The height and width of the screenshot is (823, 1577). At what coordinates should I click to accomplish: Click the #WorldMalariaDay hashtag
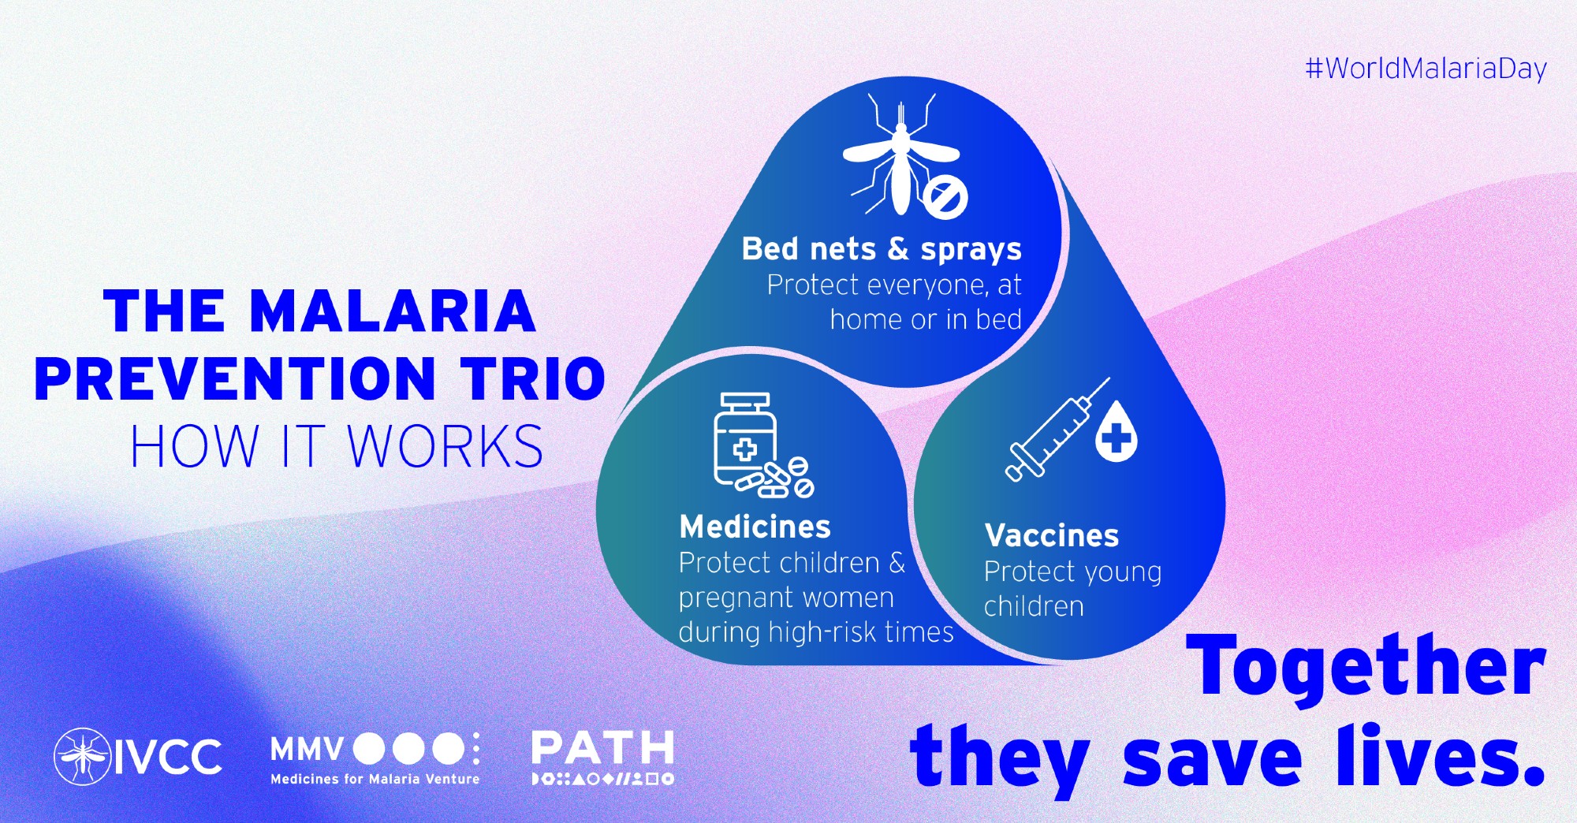[1426, 69]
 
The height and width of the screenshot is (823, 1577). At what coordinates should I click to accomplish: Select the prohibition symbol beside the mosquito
[945, 196]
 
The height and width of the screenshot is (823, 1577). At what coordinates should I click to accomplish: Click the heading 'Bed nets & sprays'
[882, 249]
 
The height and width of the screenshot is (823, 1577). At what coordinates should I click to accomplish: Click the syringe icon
[1057, 430]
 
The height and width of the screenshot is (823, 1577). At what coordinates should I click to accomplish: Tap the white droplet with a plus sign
[1117, 432]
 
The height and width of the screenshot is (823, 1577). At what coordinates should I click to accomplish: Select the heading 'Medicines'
[755, 527]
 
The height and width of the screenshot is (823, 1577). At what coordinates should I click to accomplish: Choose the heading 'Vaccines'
[1052, 536]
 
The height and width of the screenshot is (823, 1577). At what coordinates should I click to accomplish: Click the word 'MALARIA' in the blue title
[393, 311]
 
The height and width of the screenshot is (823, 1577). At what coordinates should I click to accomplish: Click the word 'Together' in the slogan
[1366, 668]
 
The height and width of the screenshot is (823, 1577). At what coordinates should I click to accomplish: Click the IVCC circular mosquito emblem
[82, 757]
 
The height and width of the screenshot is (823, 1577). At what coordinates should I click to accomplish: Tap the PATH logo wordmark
[603, 748]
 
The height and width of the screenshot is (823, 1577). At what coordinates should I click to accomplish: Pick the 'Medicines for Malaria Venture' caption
[375, 779]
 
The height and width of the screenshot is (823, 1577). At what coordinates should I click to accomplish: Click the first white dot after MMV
[368, 749]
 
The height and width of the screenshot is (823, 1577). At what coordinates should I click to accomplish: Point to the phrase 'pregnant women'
[786, 598]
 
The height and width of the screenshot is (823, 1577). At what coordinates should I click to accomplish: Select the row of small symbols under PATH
[603, 779]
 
